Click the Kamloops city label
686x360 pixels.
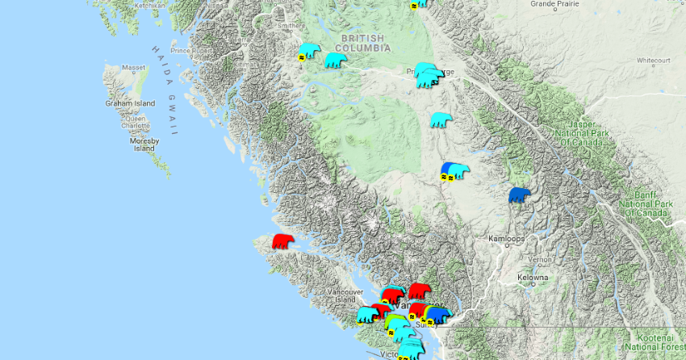(508, 240)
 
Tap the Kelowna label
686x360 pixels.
(533, 277)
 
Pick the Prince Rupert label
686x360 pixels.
(191, 51)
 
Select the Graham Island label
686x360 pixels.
(130, 103)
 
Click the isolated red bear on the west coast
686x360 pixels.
(282, 241)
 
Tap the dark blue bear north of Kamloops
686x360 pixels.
(519, 195)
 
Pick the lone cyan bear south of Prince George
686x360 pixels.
(440, 120)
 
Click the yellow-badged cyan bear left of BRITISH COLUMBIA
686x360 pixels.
(309, 52)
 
